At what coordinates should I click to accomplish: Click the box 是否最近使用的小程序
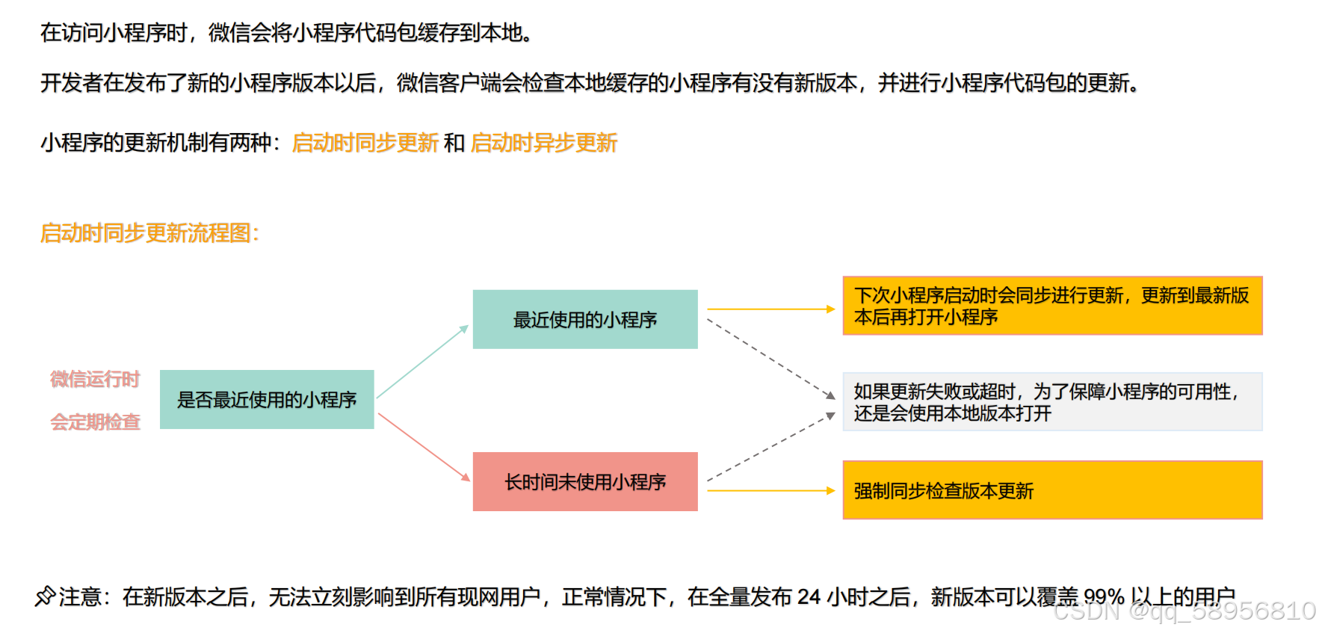pyautogui.click(x=267, y=399)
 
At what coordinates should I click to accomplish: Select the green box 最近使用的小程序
pyautogui.click(x=585, y=319)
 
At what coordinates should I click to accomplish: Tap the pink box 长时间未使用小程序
pyautogui.click(x=585, y=481)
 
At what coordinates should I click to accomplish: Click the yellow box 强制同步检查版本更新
pyautogui.click(x=1052, y=490)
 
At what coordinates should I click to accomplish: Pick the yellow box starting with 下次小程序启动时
pyautogui.click(x=1052, y=306)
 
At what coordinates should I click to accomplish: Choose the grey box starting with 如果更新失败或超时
pyautogui.click(x=1052, y=402)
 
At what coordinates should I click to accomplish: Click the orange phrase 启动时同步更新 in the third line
pyautogui.click(x=365, y=143)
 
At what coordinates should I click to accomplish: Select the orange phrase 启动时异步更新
pyautogui.click(x=543, y=143)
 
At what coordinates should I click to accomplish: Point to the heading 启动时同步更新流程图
pyautogui.click(x=149, y=233)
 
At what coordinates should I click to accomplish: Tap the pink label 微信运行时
pyautogui.click(x=95, y=380)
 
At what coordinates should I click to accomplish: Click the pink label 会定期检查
pyautogui.click(x=95, y=422)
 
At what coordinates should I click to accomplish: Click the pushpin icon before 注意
pyautogui.click(x=45, y=596)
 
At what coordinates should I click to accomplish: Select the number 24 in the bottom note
pyautogui.click(x=809, y=597)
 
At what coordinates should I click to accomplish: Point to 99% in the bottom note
pyautogui.click(x=1104, y=597)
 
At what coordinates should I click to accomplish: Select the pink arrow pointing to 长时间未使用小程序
pyautogui.click(x=424, y=447)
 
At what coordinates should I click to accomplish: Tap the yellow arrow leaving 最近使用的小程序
pyautogui.click(x=770, y=309)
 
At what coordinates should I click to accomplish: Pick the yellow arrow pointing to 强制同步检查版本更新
pyautogui.click(x=770, y=491)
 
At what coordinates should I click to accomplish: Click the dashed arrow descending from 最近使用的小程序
pyautogui.click(x=770, y=358)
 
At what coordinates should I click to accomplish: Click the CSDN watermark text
pyautogui.click(x=1184, y=611)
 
